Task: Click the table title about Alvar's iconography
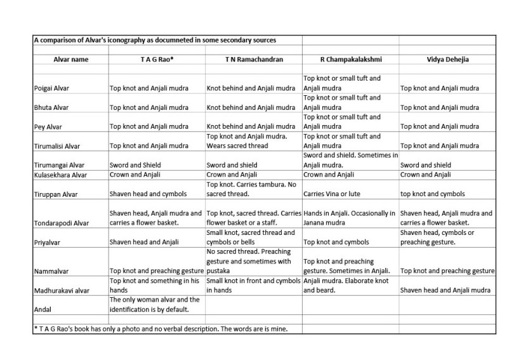pos(159,41)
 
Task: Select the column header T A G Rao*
pos(156,59)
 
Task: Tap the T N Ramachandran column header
pos(253,59)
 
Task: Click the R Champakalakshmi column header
pos(350,59)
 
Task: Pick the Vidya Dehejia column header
pos(447,59)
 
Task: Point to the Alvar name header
pos(70,59)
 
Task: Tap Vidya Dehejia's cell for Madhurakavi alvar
pos(447,290)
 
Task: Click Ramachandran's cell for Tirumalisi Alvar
pos(253,141)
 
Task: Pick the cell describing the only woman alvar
pos(156,305)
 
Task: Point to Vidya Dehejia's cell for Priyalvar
pos(447,237)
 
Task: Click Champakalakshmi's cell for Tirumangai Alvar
pos(350,160)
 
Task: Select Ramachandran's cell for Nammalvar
pos(253,261)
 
